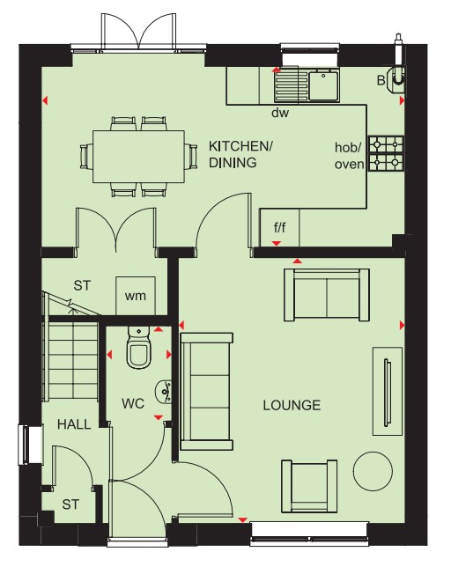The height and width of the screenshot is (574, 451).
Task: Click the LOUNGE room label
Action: (292, 405)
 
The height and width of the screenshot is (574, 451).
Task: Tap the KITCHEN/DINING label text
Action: (240, 154)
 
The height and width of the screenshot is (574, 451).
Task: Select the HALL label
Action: (74, 424)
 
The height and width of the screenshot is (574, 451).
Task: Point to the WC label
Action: (133, 404)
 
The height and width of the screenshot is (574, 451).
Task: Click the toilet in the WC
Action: (138, 348)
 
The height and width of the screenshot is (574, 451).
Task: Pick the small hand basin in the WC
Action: (164, 392)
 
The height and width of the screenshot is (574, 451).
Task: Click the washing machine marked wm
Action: (136, 296)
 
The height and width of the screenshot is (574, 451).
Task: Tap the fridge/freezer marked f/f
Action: (279, 228)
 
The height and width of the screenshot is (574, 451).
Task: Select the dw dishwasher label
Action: (280, 113)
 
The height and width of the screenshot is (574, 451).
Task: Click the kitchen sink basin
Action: (323, 85)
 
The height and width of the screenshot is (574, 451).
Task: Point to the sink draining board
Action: (292, 86)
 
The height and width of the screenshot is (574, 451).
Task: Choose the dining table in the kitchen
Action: (138, 157)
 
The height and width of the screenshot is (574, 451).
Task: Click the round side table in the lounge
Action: (373, 471)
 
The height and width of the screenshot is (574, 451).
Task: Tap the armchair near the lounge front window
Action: (309, 486)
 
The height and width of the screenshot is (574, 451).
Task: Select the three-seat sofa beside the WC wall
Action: (207, 392)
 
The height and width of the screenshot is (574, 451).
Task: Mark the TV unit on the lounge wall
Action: (388, 392)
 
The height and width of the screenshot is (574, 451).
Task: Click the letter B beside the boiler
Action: (381, 80)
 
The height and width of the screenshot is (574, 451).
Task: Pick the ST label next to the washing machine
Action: (82, 285)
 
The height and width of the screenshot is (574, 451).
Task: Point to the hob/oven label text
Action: (349, 157)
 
